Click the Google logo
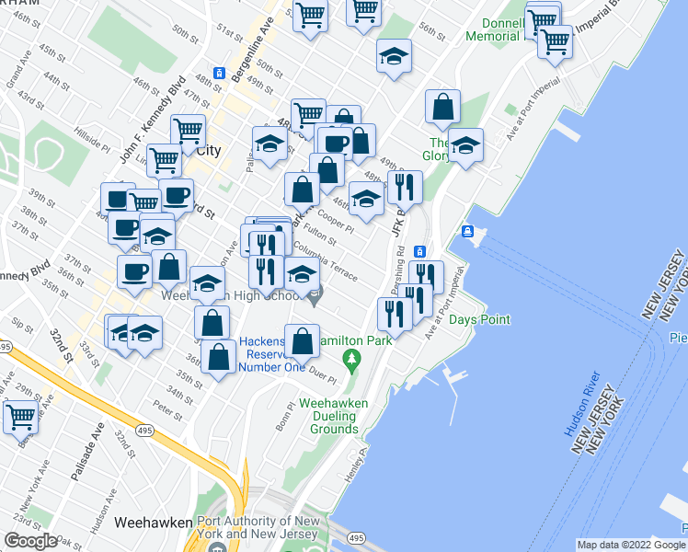tap(29, 541)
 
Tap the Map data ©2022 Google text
tap(632, 545)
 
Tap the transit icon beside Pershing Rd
tap(419, 251)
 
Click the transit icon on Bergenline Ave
tap(219, 73)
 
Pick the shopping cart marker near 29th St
tap(20, 416)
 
